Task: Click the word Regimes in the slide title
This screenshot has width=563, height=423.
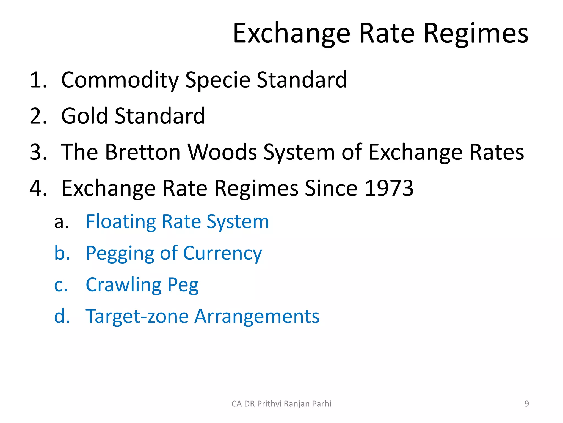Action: click(476, 34)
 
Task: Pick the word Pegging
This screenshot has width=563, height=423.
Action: click(120, 254)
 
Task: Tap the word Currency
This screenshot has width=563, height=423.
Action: click(222, 254)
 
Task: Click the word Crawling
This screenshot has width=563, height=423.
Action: click(123, 285)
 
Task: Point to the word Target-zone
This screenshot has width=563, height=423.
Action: click(137, 316)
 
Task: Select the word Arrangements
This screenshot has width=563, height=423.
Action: click(257, 316)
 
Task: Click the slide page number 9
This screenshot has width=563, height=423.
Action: click(526, 404)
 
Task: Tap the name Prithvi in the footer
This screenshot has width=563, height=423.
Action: click(269, 404)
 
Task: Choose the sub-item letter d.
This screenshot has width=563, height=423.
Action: click(62, 316)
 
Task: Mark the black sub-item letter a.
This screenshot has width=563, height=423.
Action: click(61, 222)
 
